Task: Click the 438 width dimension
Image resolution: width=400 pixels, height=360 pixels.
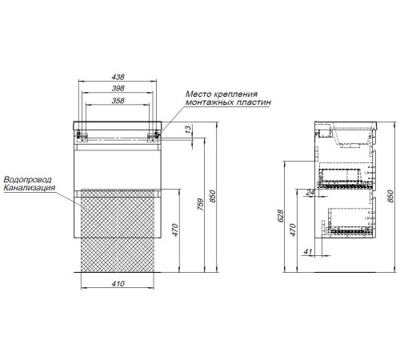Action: tap(118, 77)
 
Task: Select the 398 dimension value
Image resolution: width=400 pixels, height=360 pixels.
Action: tap(118, 88)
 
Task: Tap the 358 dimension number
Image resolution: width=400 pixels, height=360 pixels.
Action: tap(118, 101)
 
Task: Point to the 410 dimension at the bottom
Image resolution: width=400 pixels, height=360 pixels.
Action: tap(118, 284)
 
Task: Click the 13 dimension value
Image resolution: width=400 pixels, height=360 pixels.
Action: tap(188, 129)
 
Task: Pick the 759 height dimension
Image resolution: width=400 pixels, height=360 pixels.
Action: tap(200, 204)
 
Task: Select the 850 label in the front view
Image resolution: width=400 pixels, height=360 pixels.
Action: tap(212, 196)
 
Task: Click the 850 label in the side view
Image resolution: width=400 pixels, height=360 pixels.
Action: tap(390, 196)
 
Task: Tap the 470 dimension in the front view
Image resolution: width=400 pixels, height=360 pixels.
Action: tap(174, 230)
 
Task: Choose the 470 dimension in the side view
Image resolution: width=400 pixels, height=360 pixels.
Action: tap(293, 230)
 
